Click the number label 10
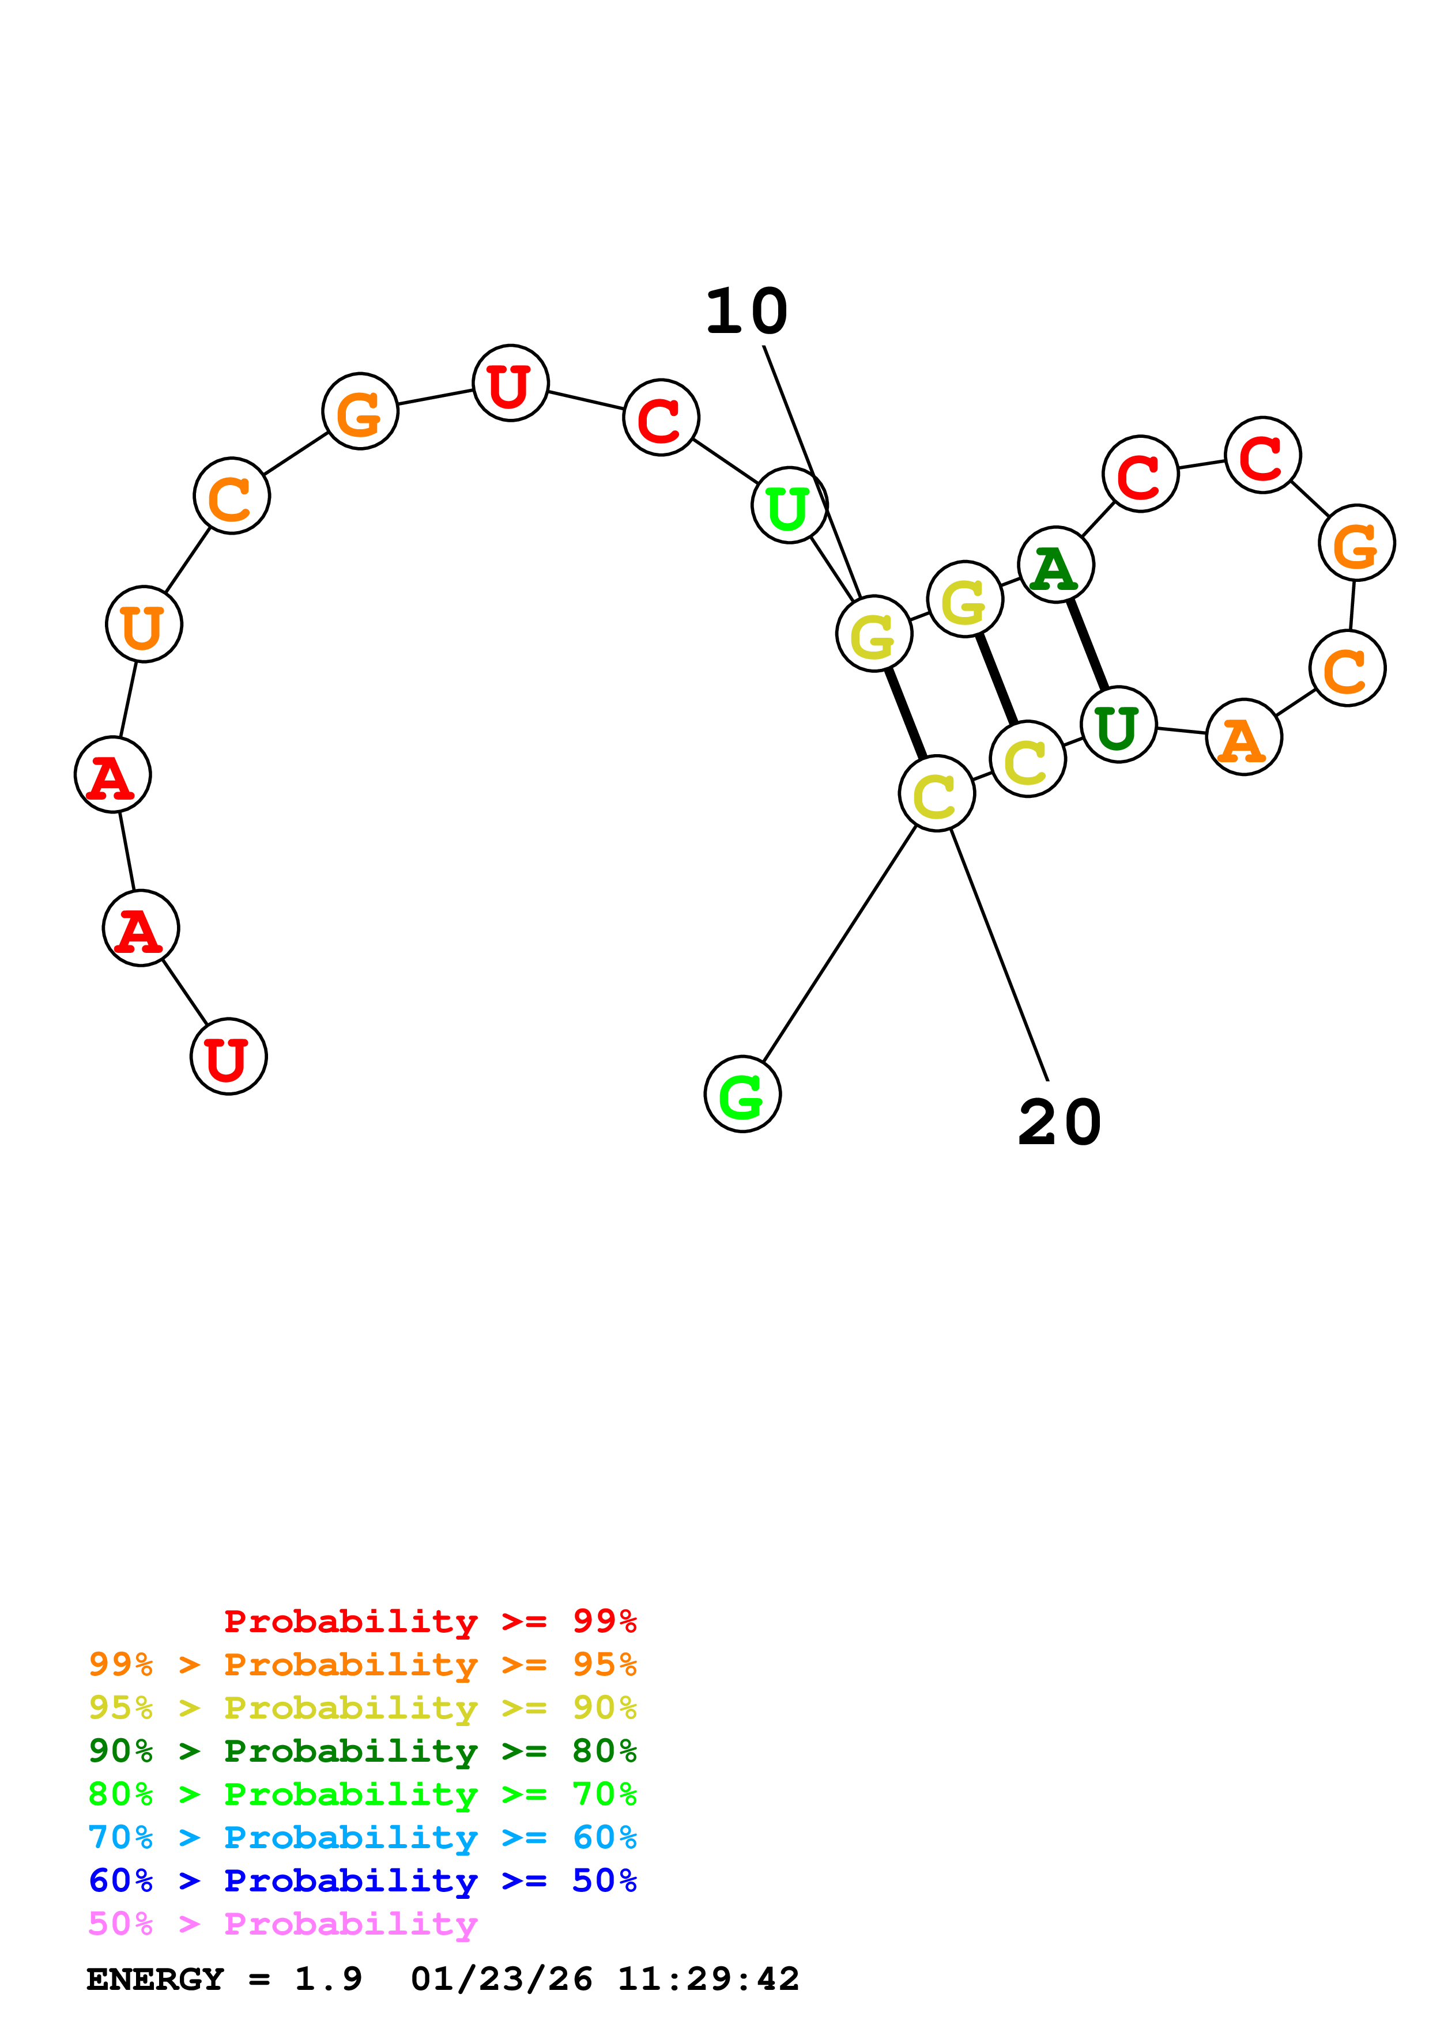point(746,312)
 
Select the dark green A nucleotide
point(1055,565)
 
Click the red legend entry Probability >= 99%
point(429,1621)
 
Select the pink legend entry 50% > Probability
point(282,1924)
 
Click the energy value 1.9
point(327,1980)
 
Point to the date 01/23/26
point(501,1980)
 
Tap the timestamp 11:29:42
point(708,1980)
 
